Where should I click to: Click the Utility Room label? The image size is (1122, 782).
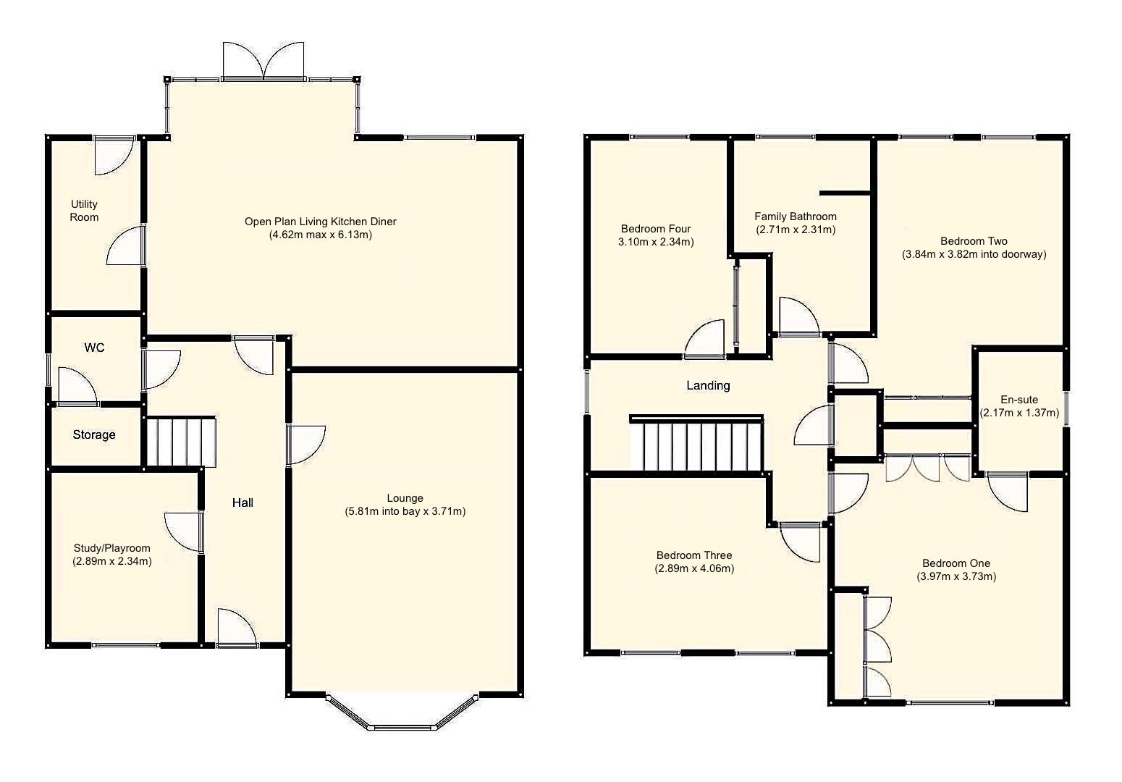point(84,211)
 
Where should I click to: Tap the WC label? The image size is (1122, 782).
point(94,348)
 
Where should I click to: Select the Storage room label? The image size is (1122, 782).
point(94,434)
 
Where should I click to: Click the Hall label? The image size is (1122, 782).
point(242,503)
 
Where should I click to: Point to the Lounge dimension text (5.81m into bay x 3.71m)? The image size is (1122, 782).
point(405,511)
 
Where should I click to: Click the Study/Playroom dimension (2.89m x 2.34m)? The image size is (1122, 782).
point(112,561)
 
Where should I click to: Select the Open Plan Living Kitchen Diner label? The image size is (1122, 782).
point(320,222)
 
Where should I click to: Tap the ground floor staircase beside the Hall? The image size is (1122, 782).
point(181,442)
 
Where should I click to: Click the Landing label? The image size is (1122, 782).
point(708,386)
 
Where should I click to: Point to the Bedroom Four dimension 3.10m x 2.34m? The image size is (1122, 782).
point(656,243)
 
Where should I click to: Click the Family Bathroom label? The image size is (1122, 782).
point(795,216)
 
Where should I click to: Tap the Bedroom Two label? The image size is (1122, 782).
point(974,241)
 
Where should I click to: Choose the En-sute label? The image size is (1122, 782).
point(1019,400)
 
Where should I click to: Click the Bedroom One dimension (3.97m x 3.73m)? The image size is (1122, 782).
point(956,577)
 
